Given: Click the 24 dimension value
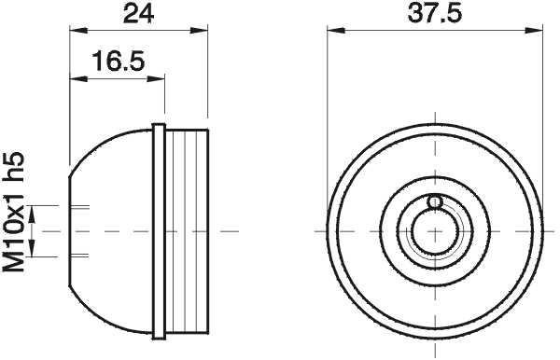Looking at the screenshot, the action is pos(138,15).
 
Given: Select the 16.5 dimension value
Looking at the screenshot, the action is pos(119,61).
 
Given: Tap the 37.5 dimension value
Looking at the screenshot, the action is pos(435,14).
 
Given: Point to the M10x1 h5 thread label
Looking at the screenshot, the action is pos(13,212).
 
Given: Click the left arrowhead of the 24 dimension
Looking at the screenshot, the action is pos(78,30).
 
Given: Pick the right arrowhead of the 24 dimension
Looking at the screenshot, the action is pos(199,30).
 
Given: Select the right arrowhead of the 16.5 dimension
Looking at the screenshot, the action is pos(156,78).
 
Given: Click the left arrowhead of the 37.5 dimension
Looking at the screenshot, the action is pos(336,31).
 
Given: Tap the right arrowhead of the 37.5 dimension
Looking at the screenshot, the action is pos(534,31).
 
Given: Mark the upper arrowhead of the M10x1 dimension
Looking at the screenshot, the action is pos(32,215).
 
